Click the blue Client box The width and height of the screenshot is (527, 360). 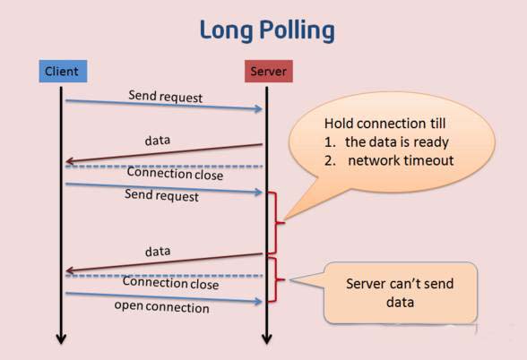pyautogui.click(x=62, y=70)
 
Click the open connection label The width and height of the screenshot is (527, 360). pyautogui.click(x=161, y=307)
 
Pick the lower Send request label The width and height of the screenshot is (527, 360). pyautogui.click(x=163, y=195)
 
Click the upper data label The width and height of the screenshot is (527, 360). pyautogui.click(x=158, y=141)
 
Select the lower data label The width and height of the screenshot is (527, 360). pyautogui.click(x=158, y=252)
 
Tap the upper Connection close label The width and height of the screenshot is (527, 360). pyautogui.click(x=174, y=174)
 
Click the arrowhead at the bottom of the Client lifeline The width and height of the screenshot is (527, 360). pyautogui.click(x=62, y=339)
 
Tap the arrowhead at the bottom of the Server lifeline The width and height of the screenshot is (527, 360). pyautogui.click(x=266, y=339)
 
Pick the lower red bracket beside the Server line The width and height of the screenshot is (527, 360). pyautogui.click(x=280, y=282)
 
